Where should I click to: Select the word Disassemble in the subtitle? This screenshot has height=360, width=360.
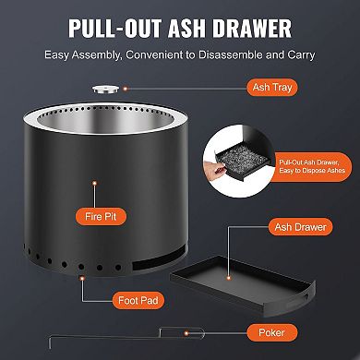click(230, 54)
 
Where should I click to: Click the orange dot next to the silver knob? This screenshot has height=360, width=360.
click(164, 90)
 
